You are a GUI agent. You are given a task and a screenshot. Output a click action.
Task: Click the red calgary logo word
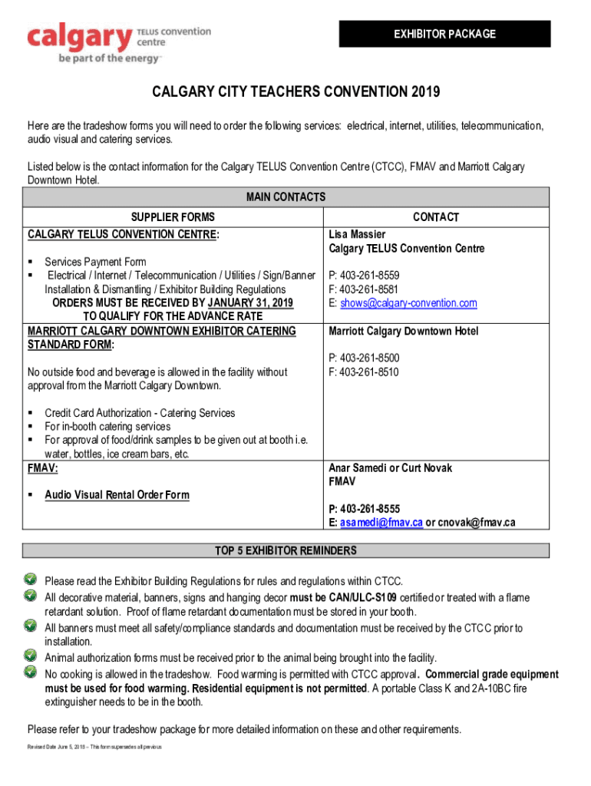pyautogui.click(x=79, y=37)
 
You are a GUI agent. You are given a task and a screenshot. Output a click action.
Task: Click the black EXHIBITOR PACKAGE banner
pyautogui.click(x=444, y=34)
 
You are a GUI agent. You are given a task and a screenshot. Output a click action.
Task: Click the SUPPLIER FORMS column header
pyautogui.click(x=173, y=217)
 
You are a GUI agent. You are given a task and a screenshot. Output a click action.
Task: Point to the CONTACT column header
pyautogui.click(x=435, y=217)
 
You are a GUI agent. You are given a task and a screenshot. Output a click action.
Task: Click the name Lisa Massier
pyautogui.click(x=357, y=234)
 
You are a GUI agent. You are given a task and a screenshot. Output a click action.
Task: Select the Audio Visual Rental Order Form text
pyautogui.click(x=117, y=495)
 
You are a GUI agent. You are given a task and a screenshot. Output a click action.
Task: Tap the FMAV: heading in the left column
pyautogui.click(x=43, y=467)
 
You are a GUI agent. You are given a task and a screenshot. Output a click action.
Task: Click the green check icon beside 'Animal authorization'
pyautogui.click(x=31, y=656)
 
